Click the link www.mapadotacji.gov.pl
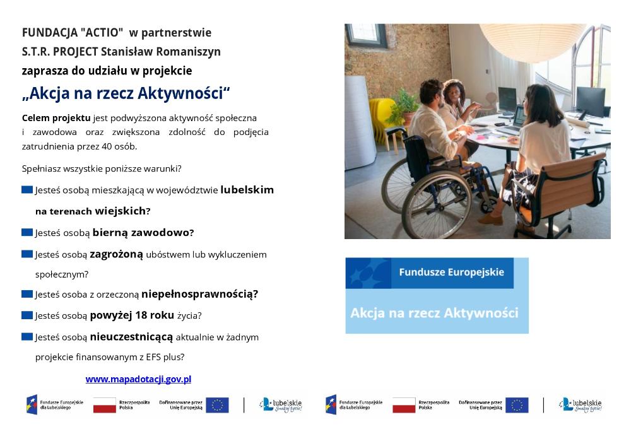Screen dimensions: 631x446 [x=138, y=379]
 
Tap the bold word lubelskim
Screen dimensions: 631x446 [x=247, y=190]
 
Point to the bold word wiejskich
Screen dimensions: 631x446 [x=121, y=211]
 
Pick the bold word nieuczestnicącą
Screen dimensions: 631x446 [x=131, y=337]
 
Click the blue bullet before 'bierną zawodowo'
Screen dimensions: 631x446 [x=27, y=232]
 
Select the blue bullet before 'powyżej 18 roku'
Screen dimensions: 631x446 [x=27, y=315]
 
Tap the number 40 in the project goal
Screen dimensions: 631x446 [x=107, y=146]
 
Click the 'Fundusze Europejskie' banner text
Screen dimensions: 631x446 [x=452, y=273]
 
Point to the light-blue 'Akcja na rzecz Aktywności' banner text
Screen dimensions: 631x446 [x=434, y=313]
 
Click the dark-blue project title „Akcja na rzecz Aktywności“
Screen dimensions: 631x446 [x=126, y=93]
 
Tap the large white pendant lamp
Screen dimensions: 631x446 [x=533, y=42]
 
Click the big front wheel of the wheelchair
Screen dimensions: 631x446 [x=436, y=204]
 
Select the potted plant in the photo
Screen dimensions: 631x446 [x=406, y=106]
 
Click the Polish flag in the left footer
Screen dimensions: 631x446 [x=105, y=405]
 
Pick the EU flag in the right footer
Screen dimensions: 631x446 [x=517, y=405]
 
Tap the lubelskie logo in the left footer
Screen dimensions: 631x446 [x=281, y=404]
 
